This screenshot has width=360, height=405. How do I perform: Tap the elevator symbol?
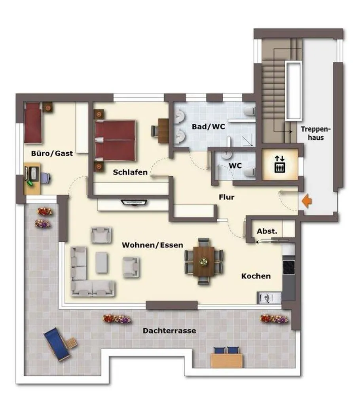click(x=280, y=164)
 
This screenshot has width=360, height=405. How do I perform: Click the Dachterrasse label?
click(x=169, y=331)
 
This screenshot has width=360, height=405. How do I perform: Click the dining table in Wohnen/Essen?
click(x=204, y=261)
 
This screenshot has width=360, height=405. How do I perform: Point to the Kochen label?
click(x=256, y=276)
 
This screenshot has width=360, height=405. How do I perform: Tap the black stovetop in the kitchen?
click(x=289, y=267)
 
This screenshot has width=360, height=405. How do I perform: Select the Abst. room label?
click(x=267, y=231)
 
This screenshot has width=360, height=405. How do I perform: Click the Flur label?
click(x=227, y=197)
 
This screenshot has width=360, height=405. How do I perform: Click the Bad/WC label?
click(x=208, y=127)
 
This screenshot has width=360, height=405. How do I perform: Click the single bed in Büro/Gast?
click(x=33, y=123)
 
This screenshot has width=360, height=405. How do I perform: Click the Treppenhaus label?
click(x=316, y=133)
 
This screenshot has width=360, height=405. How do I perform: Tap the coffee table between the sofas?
click(x=101, y=263)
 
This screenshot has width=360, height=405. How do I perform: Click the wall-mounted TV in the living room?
click(x=134, y=202)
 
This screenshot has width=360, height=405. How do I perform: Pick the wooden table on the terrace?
click(x=227, y=361)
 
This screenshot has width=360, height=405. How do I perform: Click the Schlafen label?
click(x=130, y=172)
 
